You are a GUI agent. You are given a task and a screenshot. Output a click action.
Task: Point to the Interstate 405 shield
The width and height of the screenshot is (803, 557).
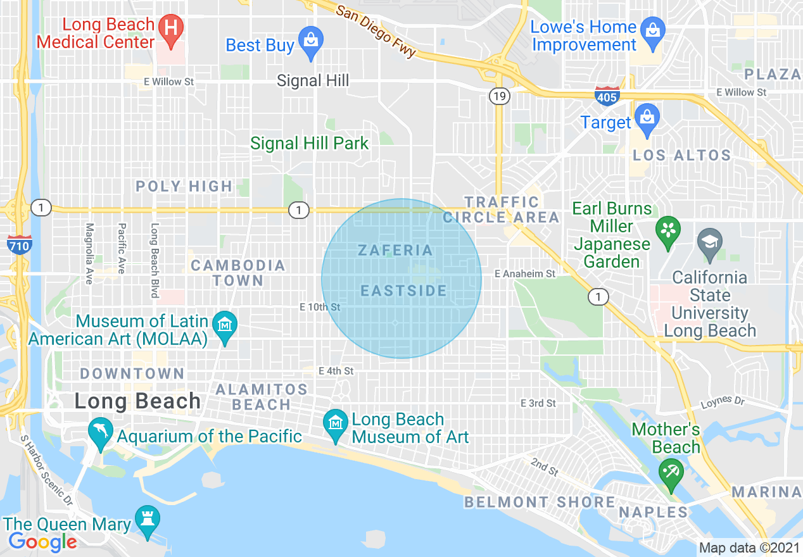point(607,96)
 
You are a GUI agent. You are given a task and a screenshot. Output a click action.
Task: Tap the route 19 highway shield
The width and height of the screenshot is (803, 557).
point(498,96)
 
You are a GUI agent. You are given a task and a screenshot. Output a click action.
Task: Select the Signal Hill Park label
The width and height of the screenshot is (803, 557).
point(309,144)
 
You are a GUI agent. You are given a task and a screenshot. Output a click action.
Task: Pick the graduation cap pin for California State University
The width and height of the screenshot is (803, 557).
point(709,243)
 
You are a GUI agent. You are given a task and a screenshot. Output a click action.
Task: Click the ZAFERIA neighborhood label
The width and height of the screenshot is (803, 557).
point(396,251)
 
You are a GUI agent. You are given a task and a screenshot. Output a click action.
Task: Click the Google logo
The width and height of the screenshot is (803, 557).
point(42,542)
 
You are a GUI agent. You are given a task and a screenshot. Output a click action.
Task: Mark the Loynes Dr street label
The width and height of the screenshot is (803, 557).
point(723,401)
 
